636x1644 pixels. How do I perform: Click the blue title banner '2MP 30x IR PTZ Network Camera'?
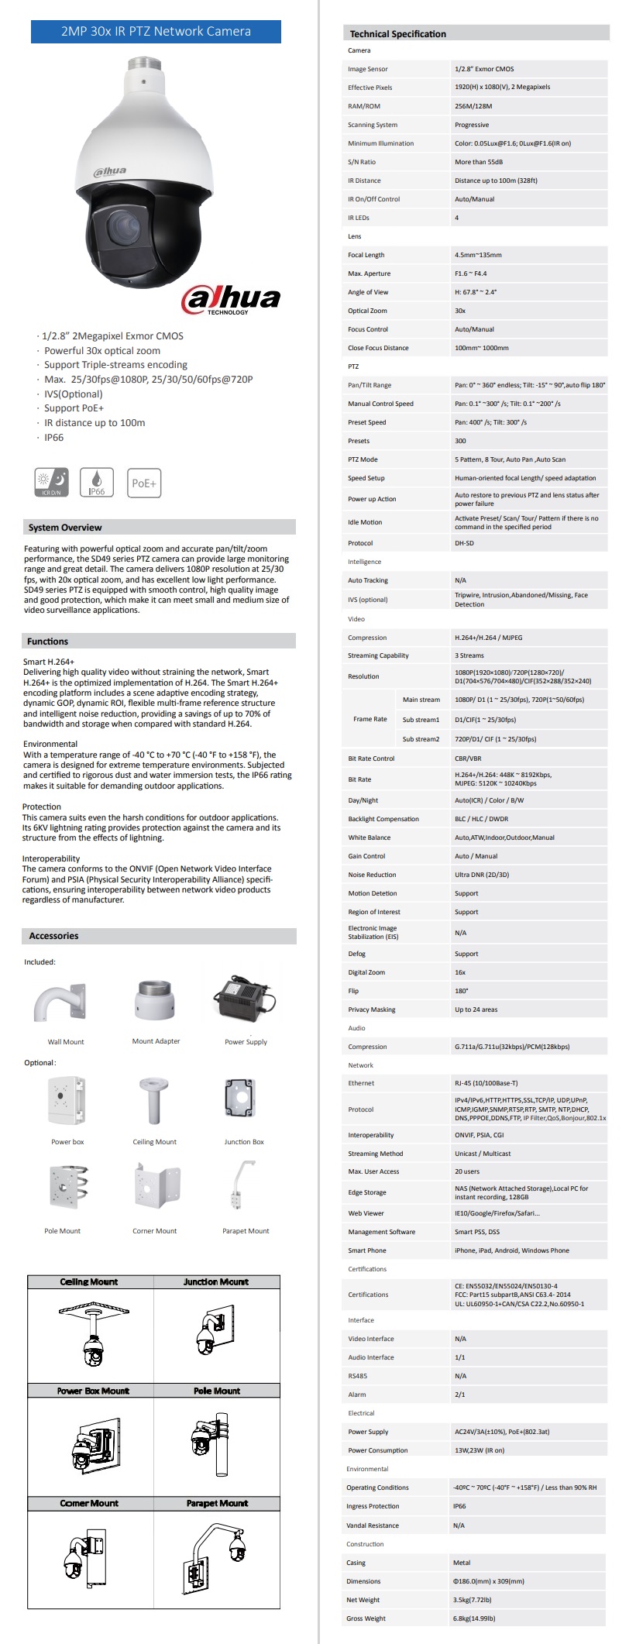156,32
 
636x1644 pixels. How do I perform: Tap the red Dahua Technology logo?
231,300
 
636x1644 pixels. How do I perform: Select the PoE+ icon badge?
144,483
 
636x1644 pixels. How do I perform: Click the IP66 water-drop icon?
97,482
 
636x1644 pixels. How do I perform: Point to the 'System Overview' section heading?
65,528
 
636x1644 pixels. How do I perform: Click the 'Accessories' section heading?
53,936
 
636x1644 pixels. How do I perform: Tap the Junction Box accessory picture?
244,1099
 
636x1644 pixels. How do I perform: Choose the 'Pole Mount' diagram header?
217,1391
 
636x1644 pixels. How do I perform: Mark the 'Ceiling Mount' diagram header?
89,1282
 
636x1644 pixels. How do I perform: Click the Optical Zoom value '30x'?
460,311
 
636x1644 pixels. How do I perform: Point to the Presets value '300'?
461,441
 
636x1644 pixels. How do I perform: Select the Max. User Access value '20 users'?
467,1171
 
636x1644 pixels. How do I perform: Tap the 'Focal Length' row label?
366,255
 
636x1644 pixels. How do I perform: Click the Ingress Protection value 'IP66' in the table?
459,1506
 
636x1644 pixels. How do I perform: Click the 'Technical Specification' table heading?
397,34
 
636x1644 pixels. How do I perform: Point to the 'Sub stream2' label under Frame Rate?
421,739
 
